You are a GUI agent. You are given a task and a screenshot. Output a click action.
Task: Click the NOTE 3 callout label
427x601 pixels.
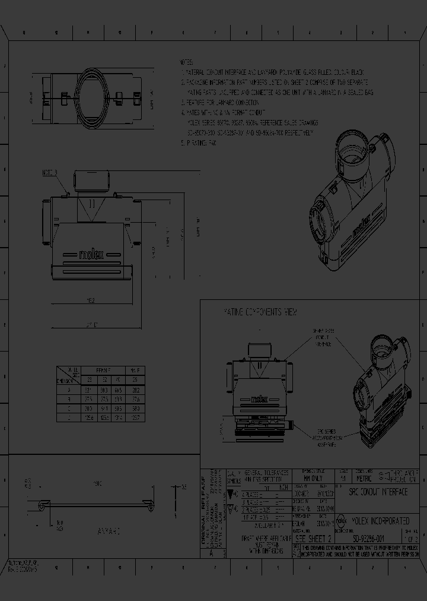point(50,173)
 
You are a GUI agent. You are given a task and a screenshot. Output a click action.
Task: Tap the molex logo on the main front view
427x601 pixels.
point(91,254)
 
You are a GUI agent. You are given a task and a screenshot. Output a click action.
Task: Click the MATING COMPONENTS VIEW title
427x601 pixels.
point(260,312)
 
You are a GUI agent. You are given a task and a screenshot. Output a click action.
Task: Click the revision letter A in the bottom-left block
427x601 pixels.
point(211,552)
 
